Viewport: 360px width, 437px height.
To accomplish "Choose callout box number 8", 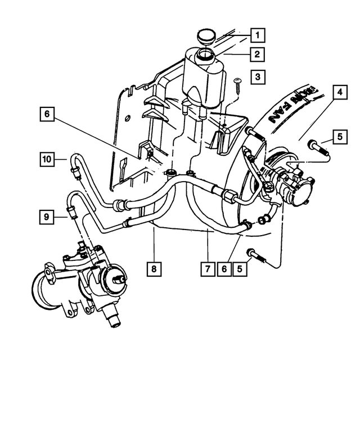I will pyautogui.click(x=153, y=269).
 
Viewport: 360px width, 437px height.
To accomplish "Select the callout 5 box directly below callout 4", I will pyautogui.click(x=339, y=136).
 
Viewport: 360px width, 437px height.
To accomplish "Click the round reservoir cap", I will pyautogui.click(x=206, y=37).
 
